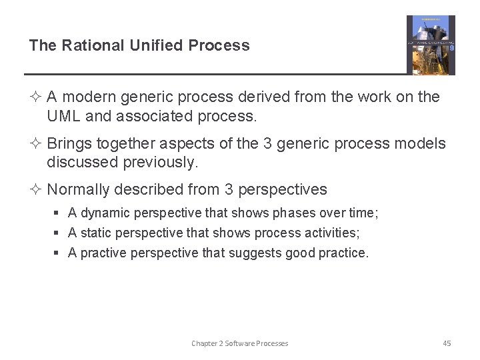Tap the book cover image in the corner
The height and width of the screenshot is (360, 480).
[431, 45]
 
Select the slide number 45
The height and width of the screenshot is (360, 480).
[447, 343]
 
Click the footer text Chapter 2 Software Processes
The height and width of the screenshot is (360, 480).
[240, 343]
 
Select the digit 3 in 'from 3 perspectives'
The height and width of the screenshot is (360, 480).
[229, 190]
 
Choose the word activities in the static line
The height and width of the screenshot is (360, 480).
[332, 233]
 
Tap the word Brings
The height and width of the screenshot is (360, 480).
[69, 144]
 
